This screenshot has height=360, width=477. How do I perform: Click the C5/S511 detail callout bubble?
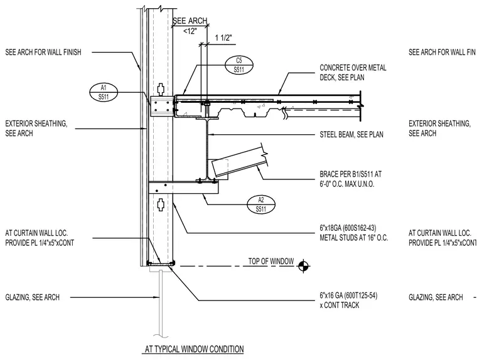pos(239,65)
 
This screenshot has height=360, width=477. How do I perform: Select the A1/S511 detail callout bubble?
pos(104,92)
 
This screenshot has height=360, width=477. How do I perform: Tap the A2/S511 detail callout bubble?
pos(261,204)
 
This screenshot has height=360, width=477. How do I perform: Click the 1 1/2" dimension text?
pos(223,38)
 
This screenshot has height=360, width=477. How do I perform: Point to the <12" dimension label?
pos(190,31)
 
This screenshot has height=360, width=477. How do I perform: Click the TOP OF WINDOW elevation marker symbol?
pos(303,266)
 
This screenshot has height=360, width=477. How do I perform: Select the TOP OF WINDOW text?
pos(271,261)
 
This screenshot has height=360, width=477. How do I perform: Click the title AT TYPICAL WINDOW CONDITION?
pos(194,349)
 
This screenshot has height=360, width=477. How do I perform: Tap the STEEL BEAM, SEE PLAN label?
pos(351,134)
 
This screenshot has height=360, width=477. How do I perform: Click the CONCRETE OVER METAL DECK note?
pos(353,72)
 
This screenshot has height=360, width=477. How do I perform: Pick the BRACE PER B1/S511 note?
pos(350,179)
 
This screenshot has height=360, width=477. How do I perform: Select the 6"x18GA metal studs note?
pos(354,233)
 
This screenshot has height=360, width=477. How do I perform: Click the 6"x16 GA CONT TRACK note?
pos(348,300)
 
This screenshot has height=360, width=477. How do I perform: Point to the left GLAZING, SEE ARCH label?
pos(32,297)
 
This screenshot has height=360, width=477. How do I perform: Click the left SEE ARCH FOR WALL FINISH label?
pos(43,52)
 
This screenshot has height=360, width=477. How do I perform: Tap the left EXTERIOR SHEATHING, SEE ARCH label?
pos(36,129)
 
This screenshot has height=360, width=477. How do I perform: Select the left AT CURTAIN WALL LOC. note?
pos(40,238)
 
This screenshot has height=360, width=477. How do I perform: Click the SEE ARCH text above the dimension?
pos(190,21)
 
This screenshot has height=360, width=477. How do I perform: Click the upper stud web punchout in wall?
pos(161,89)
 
